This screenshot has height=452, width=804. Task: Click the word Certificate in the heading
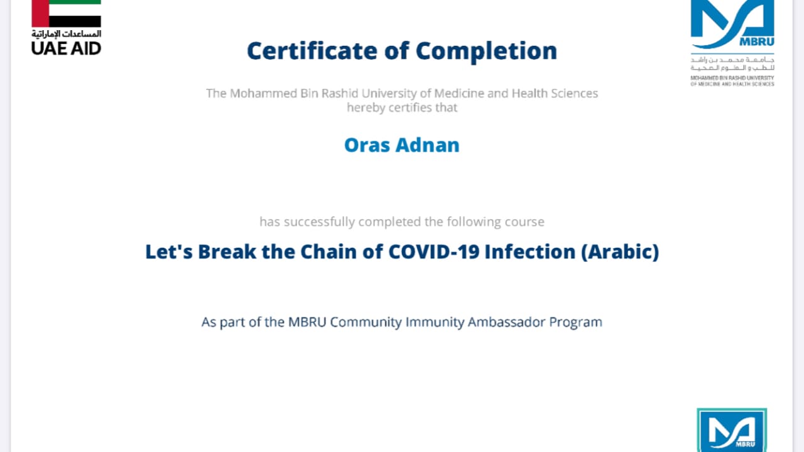pyautogui.click(x=312, y=51)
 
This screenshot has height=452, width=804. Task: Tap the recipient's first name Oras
pyautogui.click(x=367, y=145)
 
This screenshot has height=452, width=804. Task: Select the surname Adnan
pyautogui.click(x=428, y=145)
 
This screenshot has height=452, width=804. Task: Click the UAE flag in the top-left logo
pyautogui.click(x=66, y=14)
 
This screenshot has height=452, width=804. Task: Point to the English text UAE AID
pyautogui.click(x=67, y=48)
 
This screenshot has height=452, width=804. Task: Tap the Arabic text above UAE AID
pyautogui.click(x=67, y=34)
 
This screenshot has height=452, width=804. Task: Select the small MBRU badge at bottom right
pyautogui.click(x=732, y=430)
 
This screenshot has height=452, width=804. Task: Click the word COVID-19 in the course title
pyautogui.click(x=434, y=251)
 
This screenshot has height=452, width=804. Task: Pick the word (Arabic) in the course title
pyautogui.click(x=620, y=252)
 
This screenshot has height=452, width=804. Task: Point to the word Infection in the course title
pyautogui.click(x=530, y=251)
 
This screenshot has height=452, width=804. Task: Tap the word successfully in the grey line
pyautogui.click(x=320, y=222)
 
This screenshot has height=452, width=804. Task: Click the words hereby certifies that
pyautogui.click(x=402, y=107)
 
